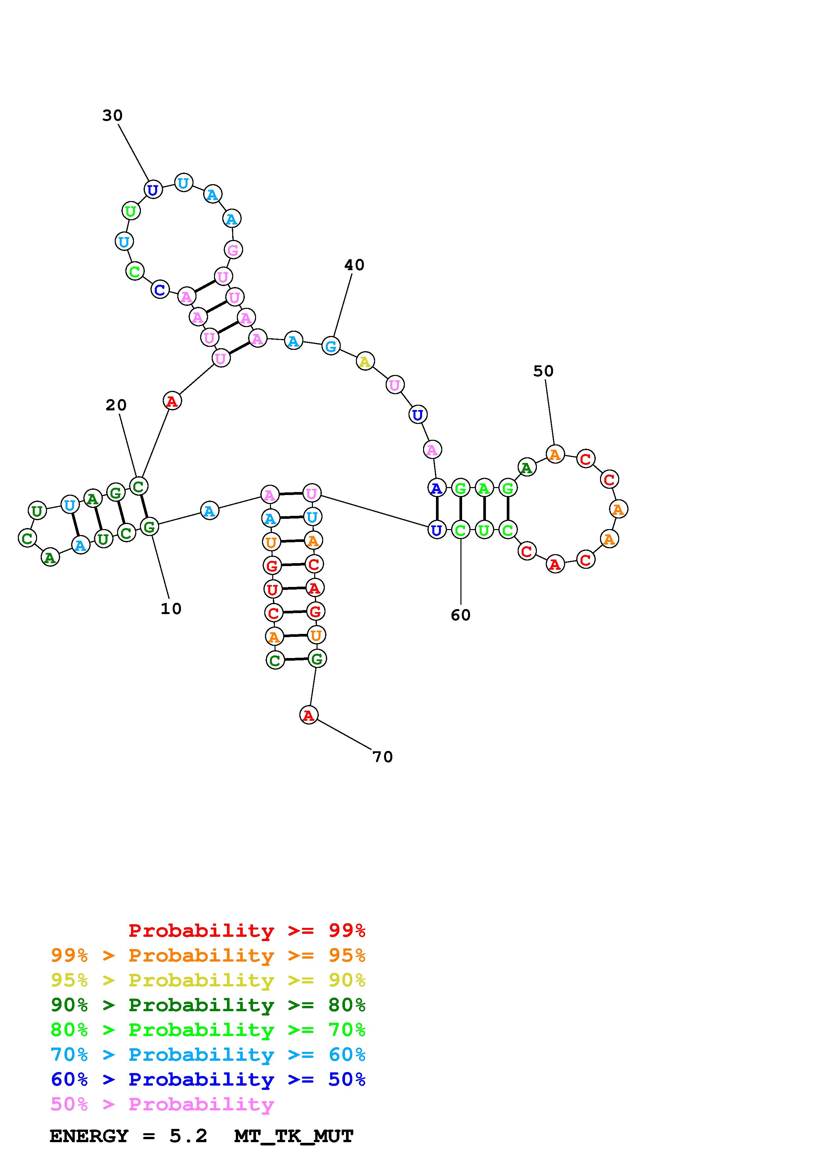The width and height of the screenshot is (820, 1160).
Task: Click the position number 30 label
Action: coord(112,116)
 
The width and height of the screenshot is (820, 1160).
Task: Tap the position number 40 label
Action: coord(354,265)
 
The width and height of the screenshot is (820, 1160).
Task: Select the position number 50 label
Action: coord(543,371)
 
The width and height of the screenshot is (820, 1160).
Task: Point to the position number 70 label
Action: coord(382,757)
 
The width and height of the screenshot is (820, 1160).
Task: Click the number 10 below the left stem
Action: coord(171,609)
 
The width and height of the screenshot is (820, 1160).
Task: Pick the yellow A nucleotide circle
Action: coord(365,362)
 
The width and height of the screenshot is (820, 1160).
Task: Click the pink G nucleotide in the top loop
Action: coord(233,250)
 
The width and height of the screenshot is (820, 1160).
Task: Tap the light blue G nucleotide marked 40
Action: coord(331,346)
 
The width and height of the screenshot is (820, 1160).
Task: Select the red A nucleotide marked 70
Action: coord(309,715)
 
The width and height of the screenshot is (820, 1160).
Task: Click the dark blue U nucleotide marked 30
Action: coord(152,190)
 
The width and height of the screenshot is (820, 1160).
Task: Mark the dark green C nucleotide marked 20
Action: coord(139,486)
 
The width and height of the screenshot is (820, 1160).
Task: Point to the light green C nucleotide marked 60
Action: coord(460,530)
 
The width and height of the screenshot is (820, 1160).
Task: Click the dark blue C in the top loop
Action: coord(160,290)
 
